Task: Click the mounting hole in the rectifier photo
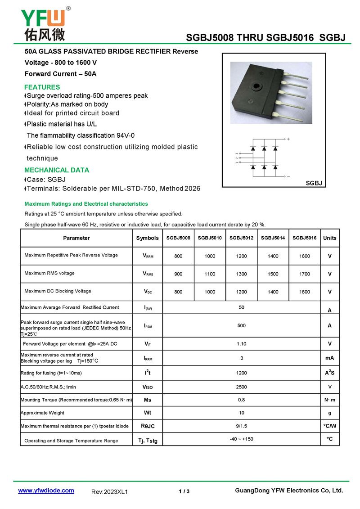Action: click(257, 86)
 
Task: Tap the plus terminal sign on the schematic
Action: click(288, 140)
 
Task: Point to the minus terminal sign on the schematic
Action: click(288, 176)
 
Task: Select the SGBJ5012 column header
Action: click(241, 238)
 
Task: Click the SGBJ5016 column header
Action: click(304, 238)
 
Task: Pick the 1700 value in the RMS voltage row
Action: click(304, 274)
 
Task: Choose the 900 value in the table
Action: click(178, 274)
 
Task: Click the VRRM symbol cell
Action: click(148, 256)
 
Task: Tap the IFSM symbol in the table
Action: click(148, 325)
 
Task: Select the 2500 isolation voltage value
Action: click(241, 387)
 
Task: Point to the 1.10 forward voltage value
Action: click(241, 343)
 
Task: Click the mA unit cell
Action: click(329, 358)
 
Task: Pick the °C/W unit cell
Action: click(329, 426)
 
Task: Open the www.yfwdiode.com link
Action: click(46, 491)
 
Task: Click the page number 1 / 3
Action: click(184, 491)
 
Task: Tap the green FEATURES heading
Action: click(42, 87)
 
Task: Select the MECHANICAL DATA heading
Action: click(57, 170)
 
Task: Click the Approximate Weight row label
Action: click(43, 413)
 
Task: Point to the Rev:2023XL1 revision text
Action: click(109, 492)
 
